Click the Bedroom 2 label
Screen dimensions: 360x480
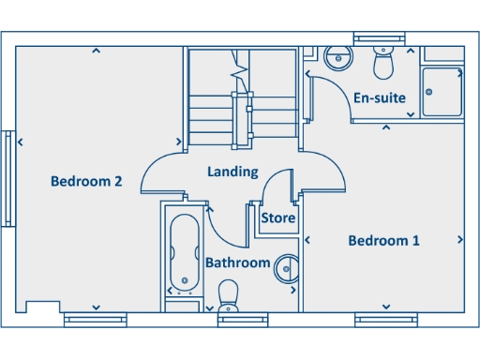(86, 182)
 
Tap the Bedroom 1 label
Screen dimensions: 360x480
(383, 241)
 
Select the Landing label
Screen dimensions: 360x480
(232, 172)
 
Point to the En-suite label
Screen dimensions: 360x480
(379, 97)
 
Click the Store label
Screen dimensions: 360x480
(277, 218)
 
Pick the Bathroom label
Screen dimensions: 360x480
(237, 262)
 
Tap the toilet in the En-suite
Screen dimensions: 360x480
(382, 63)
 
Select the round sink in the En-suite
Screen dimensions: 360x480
(337, 57)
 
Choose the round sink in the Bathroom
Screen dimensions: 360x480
(286, 270)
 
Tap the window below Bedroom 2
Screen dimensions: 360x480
(95, 320)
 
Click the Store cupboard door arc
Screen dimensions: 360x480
(277, 185)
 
